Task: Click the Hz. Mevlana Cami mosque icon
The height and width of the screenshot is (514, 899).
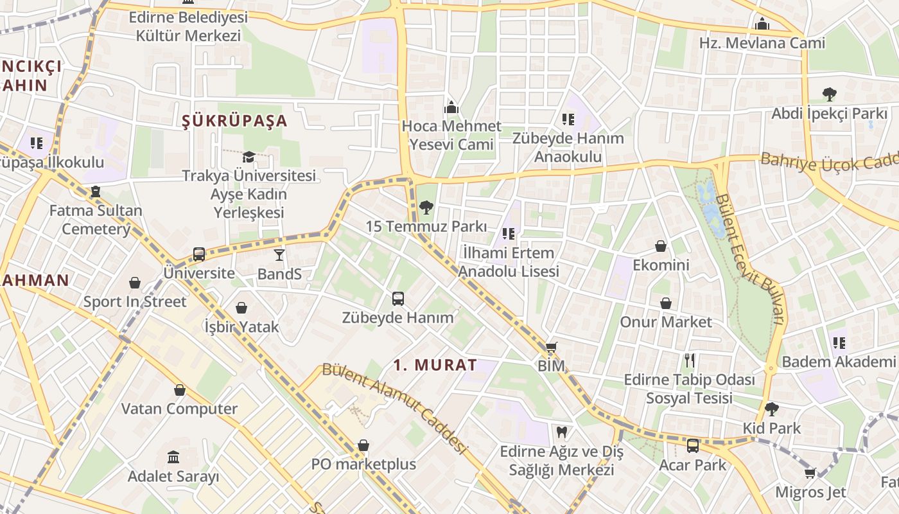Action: (762, 24)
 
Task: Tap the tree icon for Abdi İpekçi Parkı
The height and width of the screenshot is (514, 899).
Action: (829, 94)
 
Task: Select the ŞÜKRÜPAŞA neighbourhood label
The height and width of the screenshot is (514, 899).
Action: (234, 121)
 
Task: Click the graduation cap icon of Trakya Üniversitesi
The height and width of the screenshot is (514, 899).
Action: (249, 157)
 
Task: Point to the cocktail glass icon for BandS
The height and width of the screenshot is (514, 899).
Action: (279, 255)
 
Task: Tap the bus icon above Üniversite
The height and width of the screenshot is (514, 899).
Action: (199, 254)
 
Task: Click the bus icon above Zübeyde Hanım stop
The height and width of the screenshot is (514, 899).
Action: (398, 298)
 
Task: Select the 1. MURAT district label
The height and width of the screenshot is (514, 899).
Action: (435, 365)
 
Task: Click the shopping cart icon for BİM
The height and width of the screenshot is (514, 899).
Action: (551, 348)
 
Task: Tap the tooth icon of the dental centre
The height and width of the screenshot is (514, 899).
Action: (561, 432)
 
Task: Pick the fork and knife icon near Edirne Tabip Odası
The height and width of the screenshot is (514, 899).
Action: (690, 360)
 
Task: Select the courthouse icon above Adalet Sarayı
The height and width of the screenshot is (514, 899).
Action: (173, 457)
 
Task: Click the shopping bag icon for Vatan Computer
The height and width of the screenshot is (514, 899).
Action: (180, 389)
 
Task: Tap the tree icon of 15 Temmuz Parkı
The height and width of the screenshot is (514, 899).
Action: (426, 207)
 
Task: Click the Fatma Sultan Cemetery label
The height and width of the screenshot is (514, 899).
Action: (96, 219)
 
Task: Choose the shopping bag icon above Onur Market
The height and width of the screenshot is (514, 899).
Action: (666, 303)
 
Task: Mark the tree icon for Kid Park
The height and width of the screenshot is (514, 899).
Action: (772, 409)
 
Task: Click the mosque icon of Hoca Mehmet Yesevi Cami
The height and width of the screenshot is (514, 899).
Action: (451, 107)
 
